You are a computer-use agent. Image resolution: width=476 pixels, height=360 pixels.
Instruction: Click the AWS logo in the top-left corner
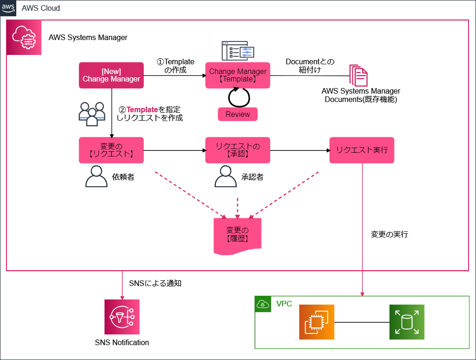click(8, 8)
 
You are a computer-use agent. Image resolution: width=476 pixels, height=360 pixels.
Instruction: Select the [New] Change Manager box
click(111, 75)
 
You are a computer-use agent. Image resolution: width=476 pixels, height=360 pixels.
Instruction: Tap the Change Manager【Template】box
click(238, 75)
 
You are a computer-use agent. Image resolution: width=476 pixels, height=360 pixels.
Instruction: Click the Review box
click(238, 114)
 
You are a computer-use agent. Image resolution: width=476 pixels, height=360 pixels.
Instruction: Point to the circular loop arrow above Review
click(239, 97)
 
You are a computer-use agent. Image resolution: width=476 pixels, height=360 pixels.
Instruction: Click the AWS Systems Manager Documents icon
click(358, 75)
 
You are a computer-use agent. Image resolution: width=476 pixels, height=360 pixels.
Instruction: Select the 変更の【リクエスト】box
click(111, 150)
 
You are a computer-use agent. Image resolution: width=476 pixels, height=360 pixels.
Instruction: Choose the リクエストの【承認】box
click(238, 150)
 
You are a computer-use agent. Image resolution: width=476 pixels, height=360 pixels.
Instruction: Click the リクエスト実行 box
click(362, 150)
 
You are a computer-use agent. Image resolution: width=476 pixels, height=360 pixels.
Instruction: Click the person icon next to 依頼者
click(96, 177)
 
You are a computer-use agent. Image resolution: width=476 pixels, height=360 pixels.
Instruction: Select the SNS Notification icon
click(121, 317)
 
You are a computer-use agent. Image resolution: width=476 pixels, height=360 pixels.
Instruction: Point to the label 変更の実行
click(389, 234)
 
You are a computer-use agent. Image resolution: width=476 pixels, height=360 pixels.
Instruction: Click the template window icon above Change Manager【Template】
click(238, 51)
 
